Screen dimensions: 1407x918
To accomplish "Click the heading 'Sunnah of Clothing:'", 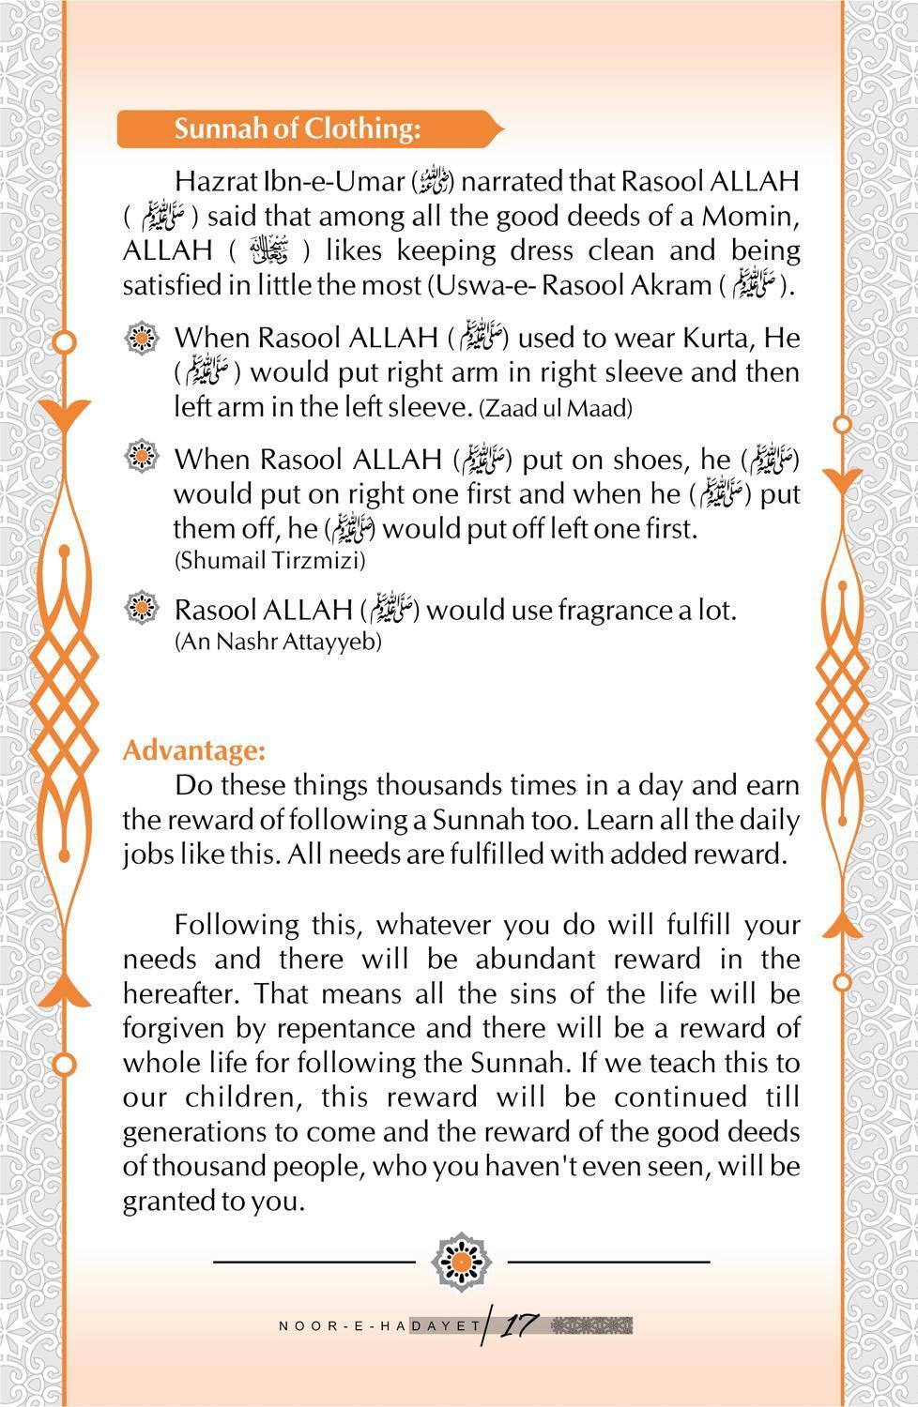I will pyautogui.click(x=297, y=129).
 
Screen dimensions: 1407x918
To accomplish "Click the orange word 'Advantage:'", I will pyautogui.click(x=194, y=750).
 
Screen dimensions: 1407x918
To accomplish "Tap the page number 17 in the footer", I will pyautogui.click(x=518, y=1325).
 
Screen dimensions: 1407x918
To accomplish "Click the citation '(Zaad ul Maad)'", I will pyautogui.click(x=556, y=409).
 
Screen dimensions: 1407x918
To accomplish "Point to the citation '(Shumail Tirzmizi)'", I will pyautogui.click(x=269, y=561).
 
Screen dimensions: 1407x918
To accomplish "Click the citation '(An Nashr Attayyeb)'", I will pyautogui.click(x=278, y=643).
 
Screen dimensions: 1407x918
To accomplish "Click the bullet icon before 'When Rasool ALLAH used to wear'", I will pyautogui.click(x=142, y=336).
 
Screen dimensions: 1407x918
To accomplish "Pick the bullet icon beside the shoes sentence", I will pyautogui.click(x=142, y=457).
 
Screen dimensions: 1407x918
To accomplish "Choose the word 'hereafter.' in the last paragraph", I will pyautogui.click(x=184, y=993).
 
